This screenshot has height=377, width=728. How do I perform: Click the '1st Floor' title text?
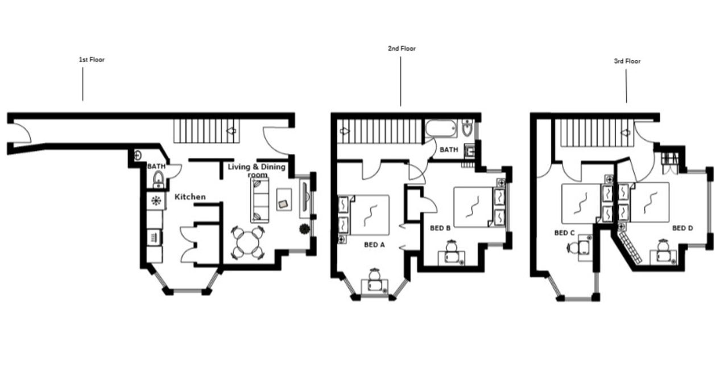coord(92,59)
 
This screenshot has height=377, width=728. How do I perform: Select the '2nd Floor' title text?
coord(402,48)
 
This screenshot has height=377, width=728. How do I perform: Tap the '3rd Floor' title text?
coord(627,61)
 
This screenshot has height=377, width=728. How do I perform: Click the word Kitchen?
coord(190,196)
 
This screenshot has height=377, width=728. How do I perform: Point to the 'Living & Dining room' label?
coord(255,170)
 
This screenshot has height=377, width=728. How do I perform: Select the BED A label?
coord(374,244)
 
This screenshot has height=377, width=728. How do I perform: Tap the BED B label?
coord(440,228)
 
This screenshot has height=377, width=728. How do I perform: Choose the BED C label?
coord(565,232)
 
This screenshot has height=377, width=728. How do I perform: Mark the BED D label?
coord(682,228)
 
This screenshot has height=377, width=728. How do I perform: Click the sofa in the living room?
coord(260,203)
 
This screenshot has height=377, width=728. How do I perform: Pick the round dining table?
coord(248,243)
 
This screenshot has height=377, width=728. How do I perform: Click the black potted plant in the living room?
coord(304,229)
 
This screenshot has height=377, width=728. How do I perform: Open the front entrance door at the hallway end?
coord(21,134)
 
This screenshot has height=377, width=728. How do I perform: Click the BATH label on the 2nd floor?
coord(449,150)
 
